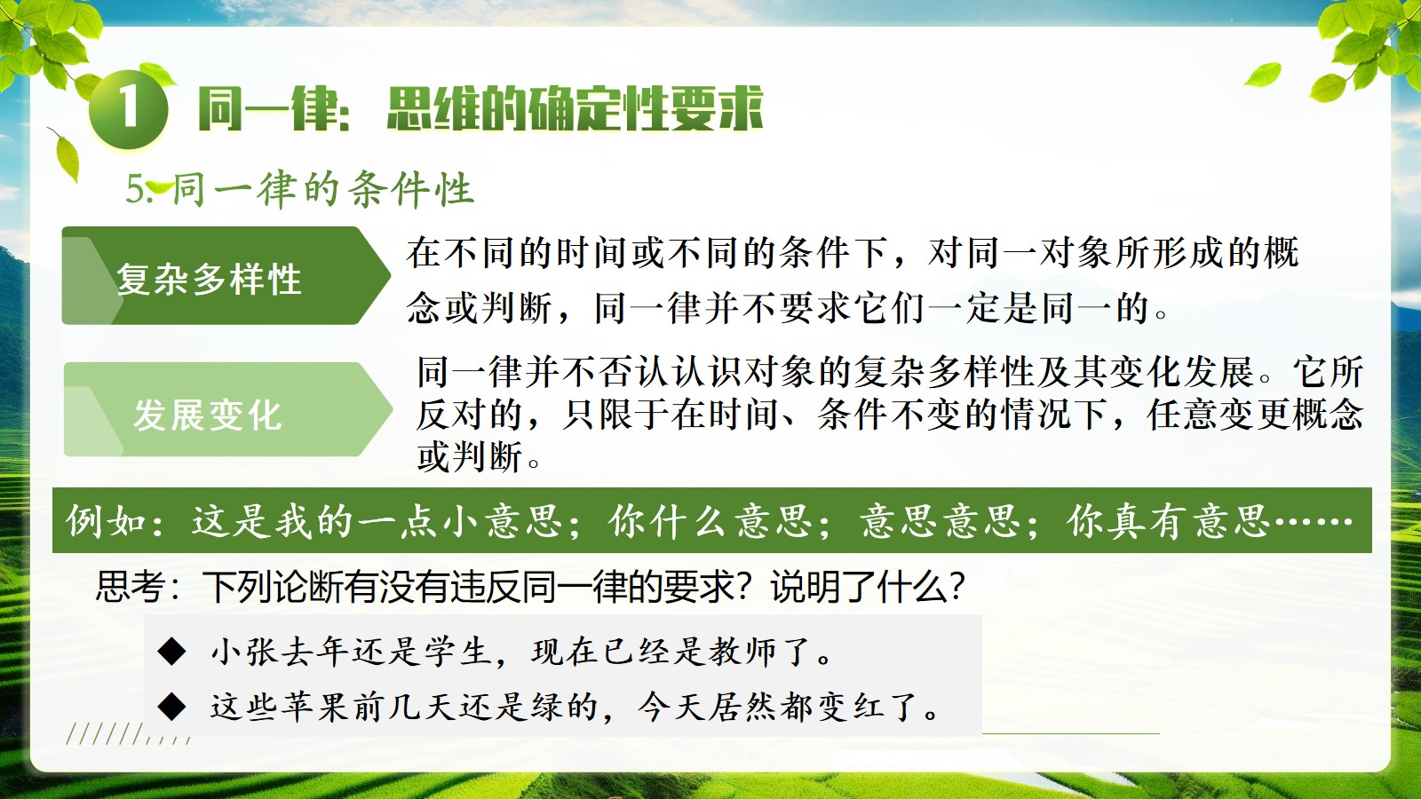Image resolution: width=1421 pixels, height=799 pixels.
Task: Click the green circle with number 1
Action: click(x=129, y=109)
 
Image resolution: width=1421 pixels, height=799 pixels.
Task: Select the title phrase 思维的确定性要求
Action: click(x=575, y=109)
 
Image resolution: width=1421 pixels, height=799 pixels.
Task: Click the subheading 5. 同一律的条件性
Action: click(x=299, y=189)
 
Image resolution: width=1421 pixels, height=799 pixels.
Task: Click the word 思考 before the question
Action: click(x=130, y=586)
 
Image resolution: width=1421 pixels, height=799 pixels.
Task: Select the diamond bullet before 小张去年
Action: click(x=171, y=652)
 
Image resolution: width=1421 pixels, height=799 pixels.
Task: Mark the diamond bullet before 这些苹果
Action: click(x=171, y=707)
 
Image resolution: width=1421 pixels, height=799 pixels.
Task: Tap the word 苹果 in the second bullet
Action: click(x=316, y=707)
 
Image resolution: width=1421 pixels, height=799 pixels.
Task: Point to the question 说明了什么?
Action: click(x=868, y=586)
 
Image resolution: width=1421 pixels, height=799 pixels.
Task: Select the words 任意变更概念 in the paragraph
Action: click(x=1255, y=415)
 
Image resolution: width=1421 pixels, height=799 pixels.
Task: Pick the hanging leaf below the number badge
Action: click(x=66, y=155)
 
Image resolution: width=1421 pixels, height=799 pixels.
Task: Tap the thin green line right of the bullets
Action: click(x=1071, y=733)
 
